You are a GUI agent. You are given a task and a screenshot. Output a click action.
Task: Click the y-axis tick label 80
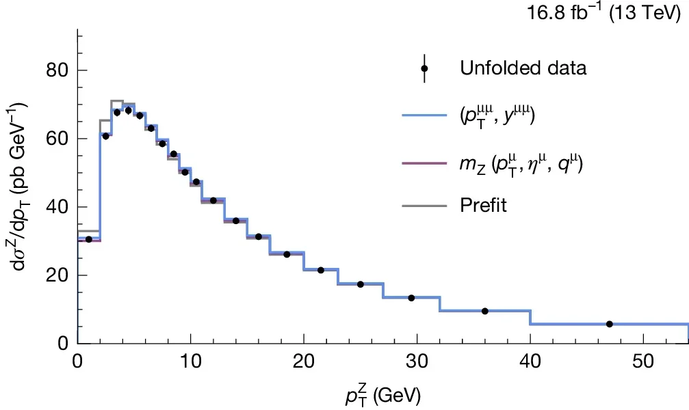(57, 70)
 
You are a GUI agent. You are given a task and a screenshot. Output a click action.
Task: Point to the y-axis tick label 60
(57, 139)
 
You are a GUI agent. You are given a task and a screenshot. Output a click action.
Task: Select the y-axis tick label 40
(57, 207)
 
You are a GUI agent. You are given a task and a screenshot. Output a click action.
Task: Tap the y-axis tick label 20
(57, 275)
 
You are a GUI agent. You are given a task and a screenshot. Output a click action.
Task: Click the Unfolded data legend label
(523, 69)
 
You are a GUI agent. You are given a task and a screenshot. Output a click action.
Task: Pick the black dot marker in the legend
(424, 69)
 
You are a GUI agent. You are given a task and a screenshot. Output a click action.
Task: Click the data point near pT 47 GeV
(609, 324)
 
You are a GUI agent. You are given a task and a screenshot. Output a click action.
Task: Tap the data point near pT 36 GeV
(484, 311)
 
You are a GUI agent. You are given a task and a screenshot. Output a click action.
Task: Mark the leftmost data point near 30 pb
(89, 239)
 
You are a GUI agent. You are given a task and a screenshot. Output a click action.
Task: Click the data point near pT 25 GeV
(361, 284)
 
